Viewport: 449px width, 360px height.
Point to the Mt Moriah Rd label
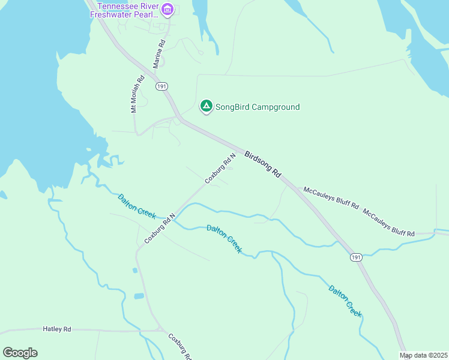(138, 94)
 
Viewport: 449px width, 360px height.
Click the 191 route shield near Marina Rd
(161, 87)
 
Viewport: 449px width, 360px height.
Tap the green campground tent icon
(206, 107)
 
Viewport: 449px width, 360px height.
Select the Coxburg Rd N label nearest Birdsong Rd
(220, 169)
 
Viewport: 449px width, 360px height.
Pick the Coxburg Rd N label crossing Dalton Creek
(160, 228)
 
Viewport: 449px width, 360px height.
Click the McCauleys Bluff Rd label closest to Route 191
(331, 199)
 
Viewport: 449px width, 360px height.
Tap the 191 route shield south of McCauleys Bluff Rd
(357, 257)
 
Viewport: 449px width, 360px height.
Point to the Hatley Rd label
(57, 329)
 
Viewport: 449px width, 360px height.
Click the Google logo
(20, 353)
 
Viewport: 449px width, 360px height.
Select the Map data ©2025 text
(423, 355)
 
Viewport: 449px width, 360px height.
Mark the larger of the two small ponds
(139, 296)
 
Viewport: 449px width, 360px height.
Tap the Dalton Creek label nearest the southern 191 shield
(346, 301)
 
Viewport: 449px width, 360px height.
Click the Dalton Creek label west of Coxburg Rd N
(137, 206)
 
